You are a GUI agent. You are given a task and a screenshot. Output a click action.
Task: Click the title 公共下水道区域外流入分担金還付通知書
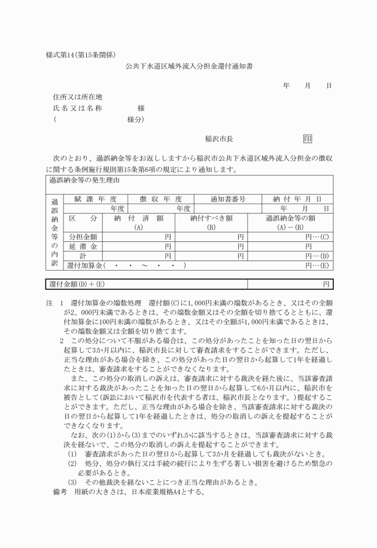click(x=189, y=67)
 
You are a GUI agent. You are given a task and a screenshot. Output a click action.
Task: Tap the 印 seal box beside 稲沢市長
click(x=308, y=138)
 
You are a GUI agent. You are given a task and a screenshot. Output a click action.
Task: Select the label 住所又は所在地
click(x=78, y=96)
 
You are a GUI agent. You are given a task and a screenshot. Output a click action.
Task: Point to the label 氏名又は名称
click(x=78, y=108)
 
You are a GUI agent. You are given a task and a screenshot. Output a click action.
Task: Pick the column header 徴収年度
click(x=160, y=199)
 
